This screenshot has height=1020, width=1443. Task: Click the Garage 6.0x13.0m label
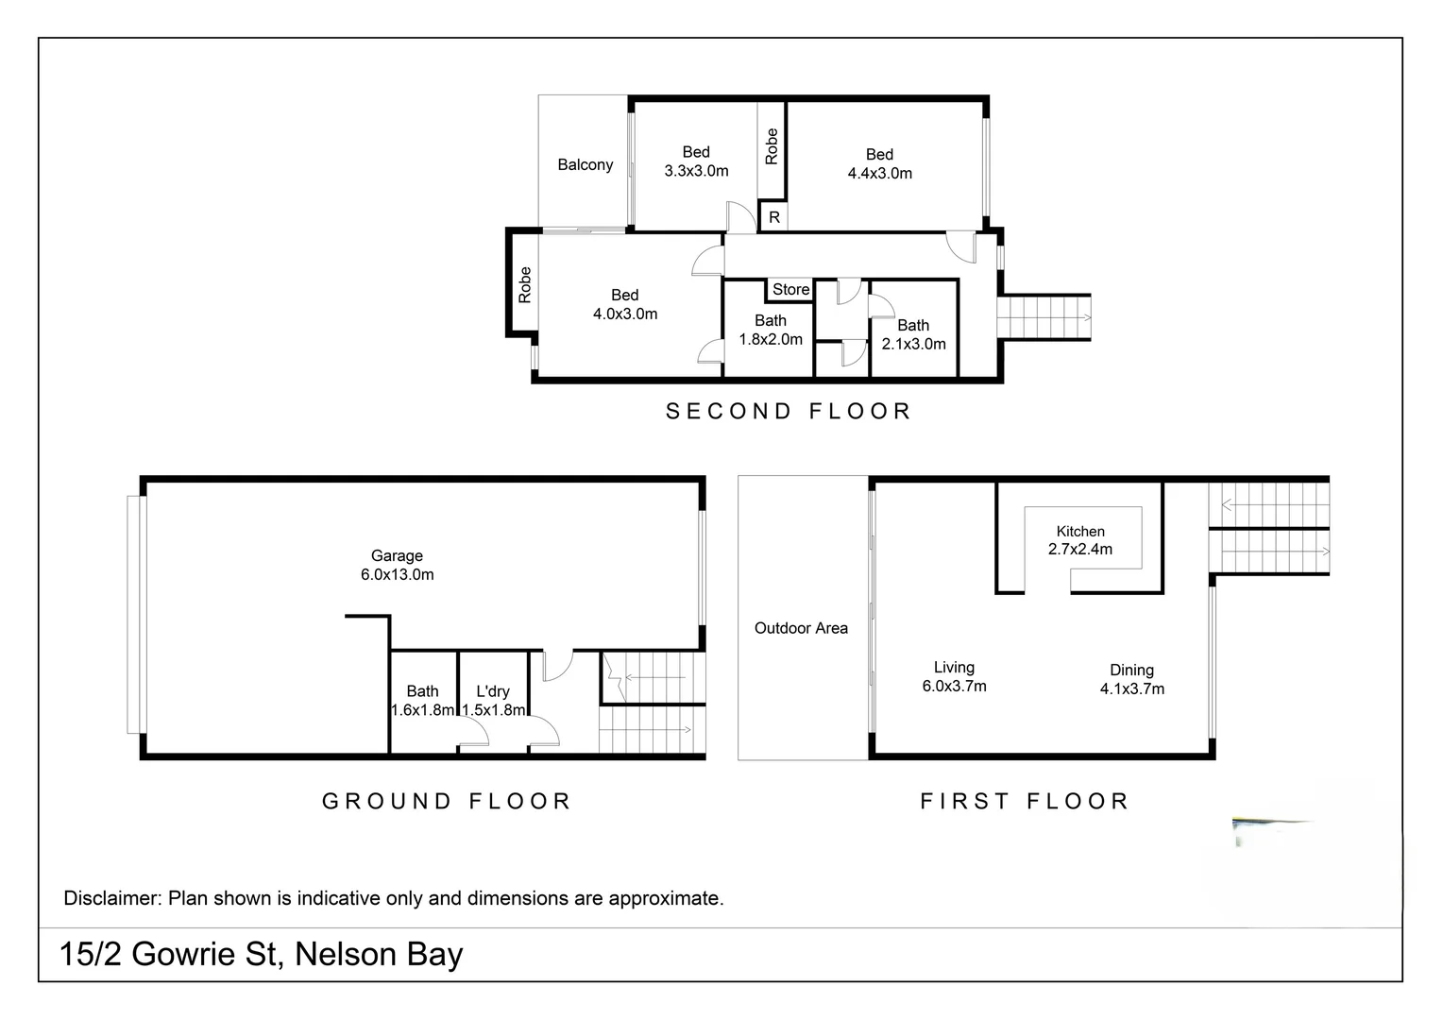tap(397, 565)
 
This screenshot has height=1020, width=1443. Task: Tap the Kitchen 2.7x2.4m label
tap(1080, 540)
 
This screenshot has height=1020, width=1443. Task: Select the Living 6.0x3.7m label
tap(954, 676)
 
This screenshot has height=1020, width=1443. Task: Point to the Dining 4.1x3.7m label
tap(1131, 679)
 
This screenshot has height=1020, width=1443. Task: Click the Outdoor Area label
tap(801, 628)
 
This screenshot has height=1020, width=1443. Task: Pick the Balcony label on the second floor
tap(585, 164)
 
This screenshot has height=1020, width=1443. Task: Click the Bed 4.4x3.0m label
tap(879, 163)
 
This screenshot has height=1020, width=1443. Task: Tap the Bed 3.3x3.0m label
tap(696, 161)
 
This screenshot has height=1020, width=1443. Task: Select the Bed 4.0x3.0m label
tap(624, 304)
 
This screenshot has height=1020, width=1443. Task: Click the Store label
tap(790, 290)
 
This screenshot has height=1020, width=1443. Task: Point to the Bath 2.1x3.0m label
tap(913, 334)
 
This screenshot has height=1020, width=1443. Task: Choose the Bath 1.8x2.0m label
tap(771, 330)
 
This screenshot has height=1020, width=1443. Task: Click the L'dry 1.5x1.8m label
tap(493, 700)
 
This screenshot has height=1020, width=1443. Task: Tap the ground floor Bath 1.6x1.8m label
tap(422, 700)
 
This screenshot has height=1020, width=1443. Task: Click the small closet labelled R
tap(773, 217)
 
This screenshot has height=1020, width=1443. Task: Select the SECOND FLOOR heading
tap(789, 411)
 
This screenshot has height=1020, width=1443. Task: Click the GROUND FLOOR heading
tap(447, 801)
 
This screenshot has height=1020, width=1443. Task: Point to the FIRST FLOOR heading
tap(1025, 801)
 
